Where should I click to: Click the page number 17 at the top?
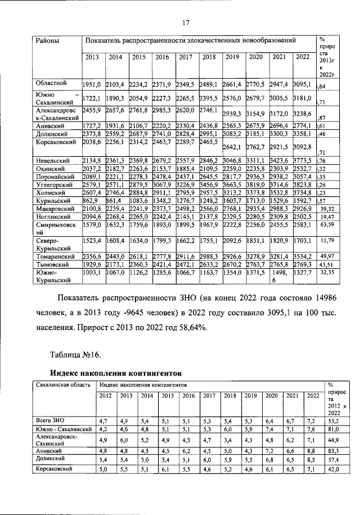[183, 22]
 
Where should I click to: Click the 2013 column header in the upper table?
[92, 57]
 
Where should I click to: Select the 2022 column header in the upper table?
[302, 56]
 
